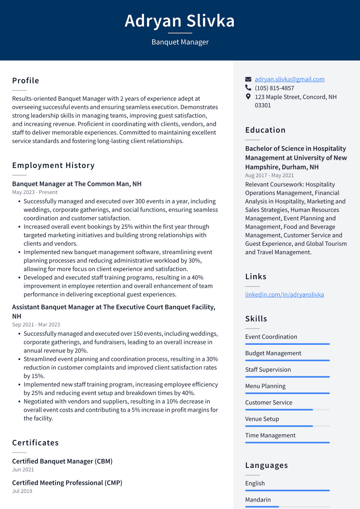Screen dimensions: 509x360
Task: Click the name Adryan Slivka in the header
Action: [x=180, y=21]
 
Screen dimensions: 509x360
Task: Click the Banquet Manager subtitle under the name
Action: [x=180, y=42]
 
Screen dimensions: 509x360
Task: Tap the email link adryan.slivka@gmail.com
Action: [x=289, y=79]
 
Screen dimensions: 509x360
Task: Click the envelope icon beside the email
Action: [x=248, y=80]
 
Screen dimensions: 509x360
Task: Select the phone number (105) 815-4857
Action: [x=274, y=88]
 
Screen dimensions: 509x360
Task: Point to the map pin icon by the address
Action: [x=248, y=97]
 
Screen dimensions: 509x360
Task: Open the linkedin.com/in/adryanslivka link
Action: [x=284, y=295]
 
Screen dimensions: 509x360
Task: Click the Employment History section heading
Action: [x=53, y=165]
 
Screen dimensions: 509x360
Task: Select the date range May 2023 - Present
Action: [x=35, y=192]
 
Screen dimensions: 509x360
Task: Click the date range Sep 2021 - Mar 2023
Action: [x=36, y=324]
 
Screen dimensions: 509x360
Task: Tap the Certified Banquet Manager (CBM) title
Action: [x=62, y=461]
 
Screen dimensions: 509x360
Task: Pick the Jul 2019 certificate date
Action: [x=22, y=491]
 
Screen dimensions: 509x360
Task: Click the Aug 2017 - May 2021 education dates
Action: [x=269, y=175]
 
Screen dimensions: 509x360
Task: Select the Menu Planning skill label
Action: [x=265, y=386]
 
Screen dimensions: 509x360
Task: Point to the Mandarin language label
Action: [x=258, y=499]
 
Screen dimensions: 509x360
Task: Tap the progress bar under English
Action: [x=287, y=490]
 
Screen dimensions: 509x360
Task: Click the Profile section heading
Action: [x=25, y=81]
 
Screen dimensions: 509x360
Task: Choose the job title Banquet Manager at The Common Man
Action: [x=76, y=184]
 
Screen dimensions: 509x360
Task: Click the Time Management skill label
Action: [x=270, y=435]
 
